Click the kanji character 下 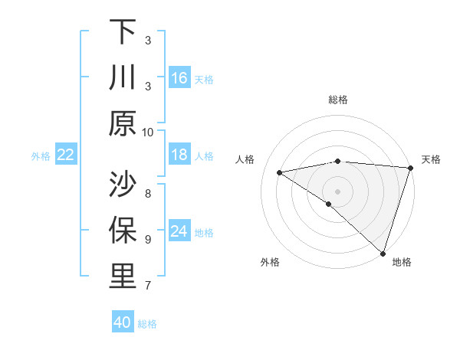coord(123,31)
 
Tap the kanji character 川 coord(123,77)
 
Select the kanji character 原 coord(123,123)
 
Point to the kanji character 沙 coord(123,185)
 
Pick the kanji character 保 coord(123,231)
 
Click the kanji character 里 coord(123,277)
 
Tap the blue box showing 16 coord(179,78)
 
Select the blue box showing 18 coord(179,155)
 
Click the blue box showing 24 coord(179,231)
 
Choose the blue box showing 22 coord(65,155)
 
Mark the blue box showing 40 coord(123,322)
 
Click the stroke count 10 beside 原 coord(148,132)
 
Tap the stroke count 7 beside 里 coord(148,286)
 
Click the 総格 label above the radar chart coord(338,100)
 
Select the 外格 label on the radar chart coord(270,262)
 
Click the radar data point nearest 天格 coord(410,169)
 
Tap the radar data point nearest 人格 coord(280,172)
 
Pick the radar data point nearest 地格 coord(383,253)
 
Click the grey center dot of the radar coord(337,190)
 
